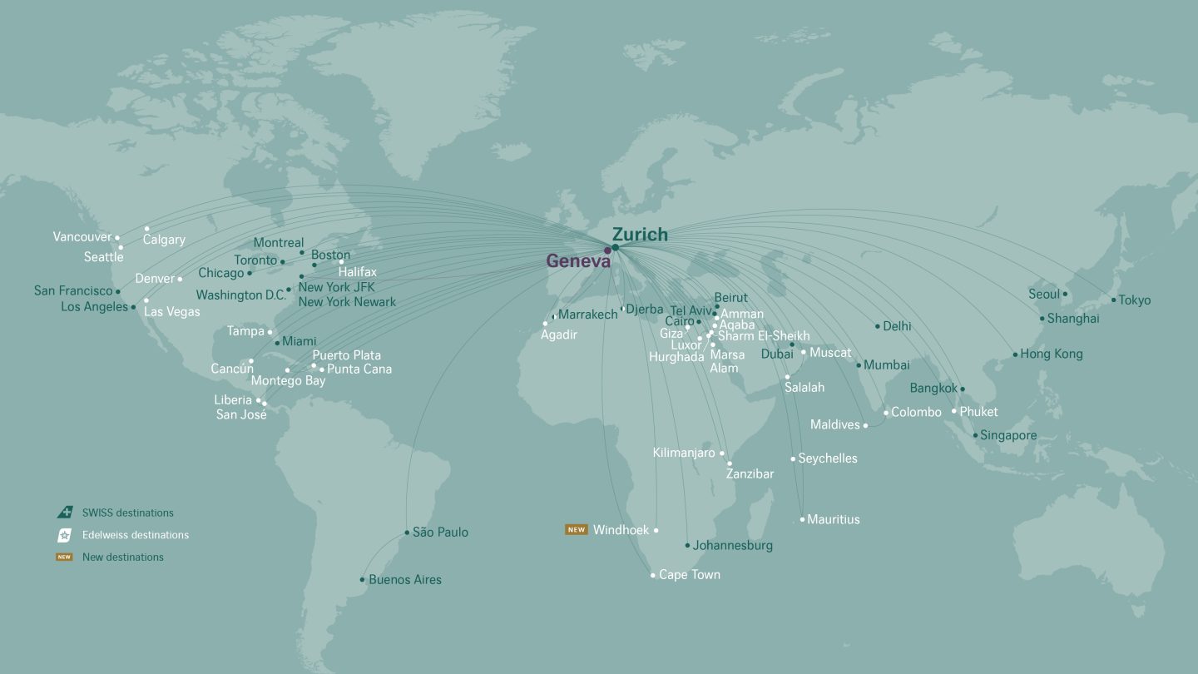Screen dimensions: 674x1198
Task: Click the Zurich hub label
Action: click(x=640, y=235)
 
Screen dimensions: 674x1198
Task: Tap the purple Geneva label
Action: click(x=577, y=261)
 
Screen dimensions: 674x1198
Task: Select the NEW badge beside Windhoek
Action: click(x=576, y=530)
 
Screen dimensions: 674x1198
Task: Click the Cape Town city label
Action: click(x=689, y=575)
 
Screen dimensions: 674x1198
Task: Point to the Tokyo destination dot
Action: click(x=1113, y=300)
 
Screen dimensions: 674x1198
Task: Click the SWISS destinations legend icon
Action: click(x=64, y=513)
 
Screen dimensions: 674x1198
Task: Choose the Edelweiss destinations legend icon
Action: click(x=64, y=535)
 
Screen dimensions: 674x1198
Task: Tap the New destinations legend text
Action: click(x=122, y=558)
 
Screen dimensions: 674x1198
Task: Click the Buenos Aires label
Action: click(x=404, y=580)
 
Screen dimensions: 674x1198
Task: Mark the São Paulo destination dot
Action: click(x=407, y=533)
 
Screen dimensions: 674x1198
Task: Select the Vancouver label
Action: click(x=82, y=237)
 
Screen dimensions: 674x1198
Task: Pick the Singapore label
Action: click(x=1008, y=435)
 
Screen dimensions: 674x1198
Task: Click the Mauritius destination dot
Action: click(x=802, y=519)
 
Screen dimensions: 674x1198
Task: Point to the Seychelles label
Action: click(x=827, y=458)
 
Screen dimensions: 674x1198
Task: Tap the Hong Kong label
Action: click(x=1051, y=354)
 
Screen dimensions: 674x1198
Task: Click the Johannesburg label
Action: click(x=732, y=546)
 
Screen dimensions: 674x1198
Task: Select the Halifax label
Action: click(x=357, y=272)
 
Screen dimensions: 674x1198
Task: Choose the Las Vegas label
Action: click(x=171, y=312)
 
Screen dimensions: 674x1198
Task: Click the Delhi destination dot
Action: click(x=877, y=326)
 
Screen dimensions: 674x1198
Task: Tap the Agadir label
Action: click(x=558, y=335)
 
